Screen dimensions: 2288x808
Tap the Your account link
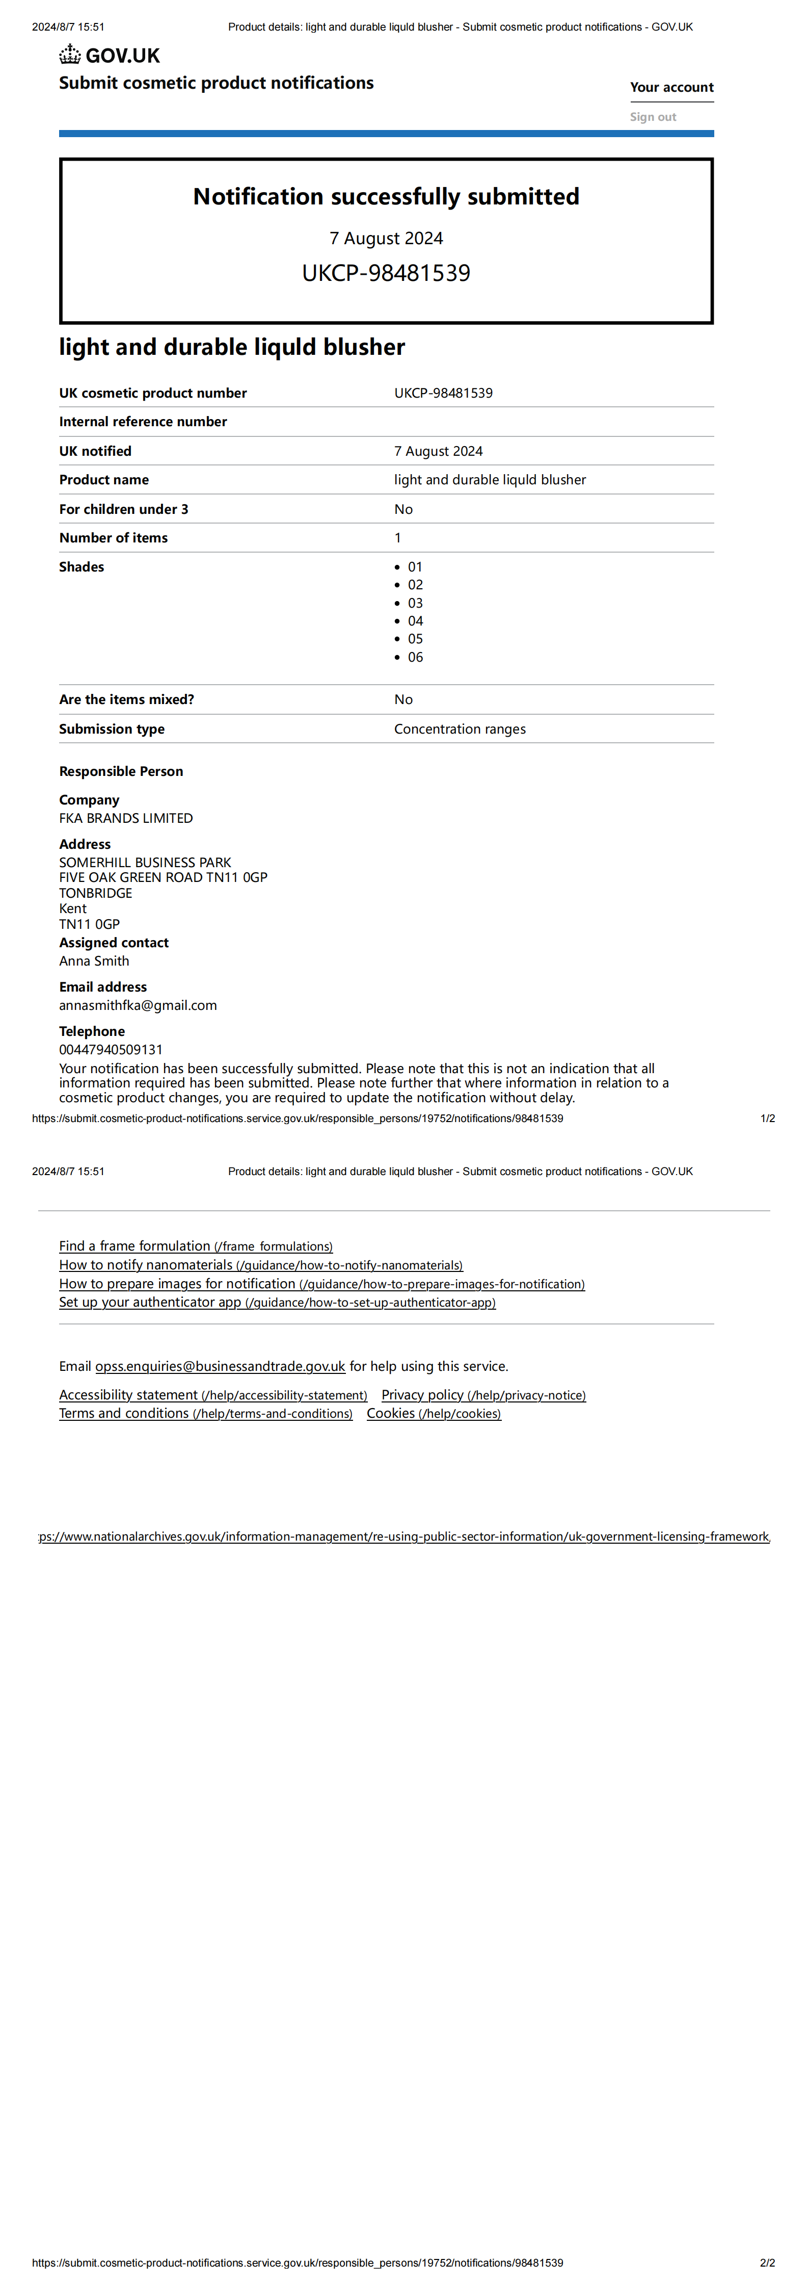pos(671,87)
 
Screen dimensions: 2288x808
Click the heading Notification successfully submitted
pos(386,196)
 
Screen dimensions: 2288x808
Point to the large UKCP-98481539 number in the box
pos(386,273)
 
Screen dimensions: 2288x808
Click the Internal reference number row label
pos(143,422)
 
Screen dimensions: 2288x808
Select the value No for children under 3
pos(403,509)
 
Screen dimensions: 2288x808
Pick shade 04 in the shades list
pos(415,621)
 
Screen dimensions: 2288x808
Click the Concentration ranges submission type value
pos(460,729)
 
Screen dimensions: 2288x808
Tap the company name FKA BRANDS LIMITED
pos(126,818)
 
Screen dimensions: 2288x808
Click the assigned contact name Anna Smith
pos(94,961)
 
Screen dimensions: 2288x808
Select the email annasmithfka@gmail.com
pos(138,1005)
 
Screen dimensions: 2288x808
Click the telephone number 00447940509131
pos(111,1050)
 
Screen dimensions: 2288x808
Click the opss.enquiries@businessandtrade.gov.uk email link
pos(220,1366)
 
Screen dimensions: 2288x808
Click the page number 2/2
pos(767,2262)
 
